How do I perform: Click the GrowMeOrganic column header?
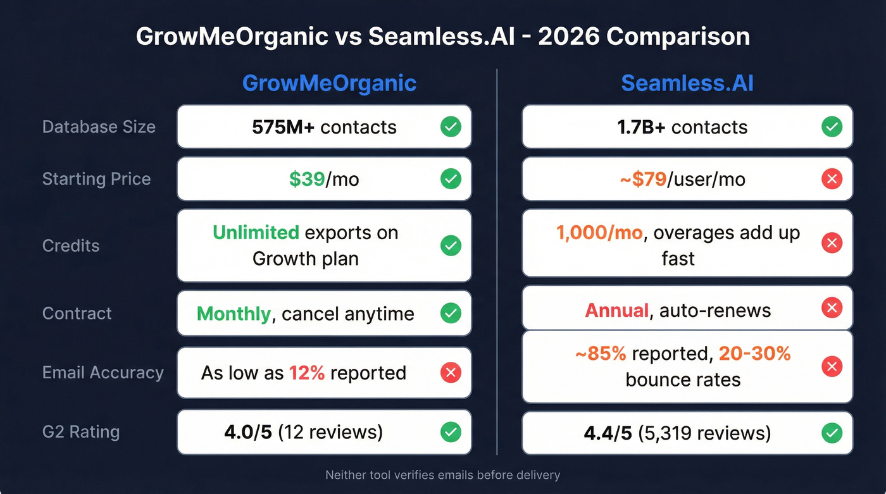(329, 83)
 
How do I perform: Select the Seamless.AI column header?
(687, 83)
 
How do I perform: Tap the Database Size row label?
(99, 127)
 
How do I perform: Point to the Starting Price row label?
(96, 179)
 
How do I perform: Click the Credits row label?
(71, 245)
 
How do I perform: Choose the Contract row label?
(77, 313)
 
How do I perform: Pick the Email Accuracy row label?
(103, 373)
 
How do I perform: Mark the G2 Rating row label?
(80, 432)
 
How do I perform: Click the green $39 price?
(307, 179)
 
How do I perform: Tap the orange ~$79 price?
(643, 179)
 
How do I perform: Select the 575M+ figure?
(284, 127)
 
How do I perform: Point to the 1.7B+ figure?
(642, 127)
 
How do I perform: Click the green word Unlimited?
(256, 233)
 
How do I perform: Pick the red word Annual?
(617, 311)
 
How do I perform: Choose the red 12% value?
(307, 373)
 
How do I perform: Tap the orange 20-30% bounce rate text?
(754, 353)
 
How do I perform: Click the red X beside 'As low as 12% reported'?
(451, 373)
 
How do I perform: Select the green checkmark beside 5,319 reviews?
(832, 433)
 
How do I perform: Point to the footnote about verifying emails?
(442, 474)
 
